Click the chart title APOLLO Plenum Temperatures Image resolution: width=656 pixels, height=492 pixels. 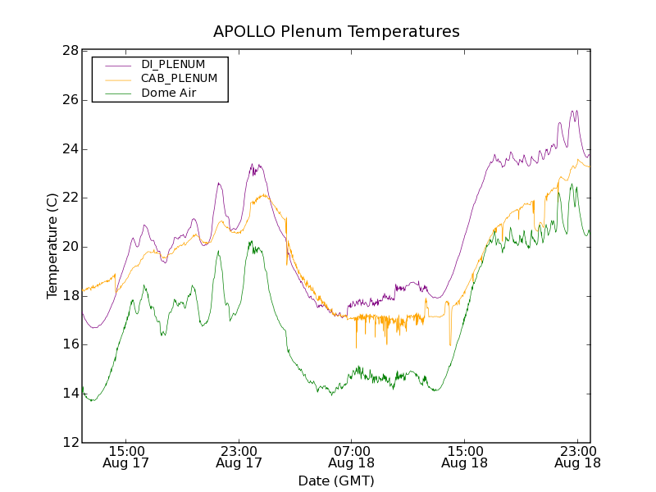(336, 32)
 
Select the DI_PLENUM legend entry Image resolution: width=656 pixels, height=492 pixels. (173, 64)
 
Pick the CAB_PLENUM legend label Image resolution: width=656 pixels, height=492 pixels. (179, 79)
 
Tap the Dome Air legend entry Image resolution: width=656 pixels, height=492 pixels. (168, 93)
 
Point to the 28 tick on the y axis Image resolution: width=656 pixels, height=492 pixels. (69, 51)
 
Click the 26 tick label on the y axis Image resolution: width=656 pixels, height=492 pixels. (69, 100)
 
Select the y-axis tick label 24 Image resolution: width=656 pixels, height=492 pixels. (69, 149)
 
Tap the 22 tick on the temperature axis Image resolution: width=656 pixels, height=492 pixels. (69, 198)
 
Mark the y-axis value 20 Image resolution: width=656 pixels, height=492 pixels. (69, 247)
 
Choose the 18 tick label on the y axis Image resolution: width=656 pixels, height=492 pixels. (69, 296)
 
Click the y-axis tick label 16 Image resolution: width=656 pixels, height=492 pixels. (69, 344)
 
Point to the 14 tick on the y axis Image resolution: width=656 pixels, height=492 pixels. (69, 394)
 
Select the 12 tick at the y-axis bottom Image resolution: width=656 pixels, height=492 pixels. (69, 443)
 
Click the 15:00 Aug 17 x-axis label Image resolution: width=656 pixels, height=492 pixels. (125, 457)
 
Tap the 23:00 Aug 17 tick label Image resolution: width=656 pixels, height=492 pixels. (239, 457)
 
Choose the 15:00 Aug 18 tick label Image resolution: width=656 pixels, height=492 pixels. (464, 457)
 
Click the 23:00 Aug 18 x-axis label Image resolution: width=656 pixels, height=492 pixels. (577, 457)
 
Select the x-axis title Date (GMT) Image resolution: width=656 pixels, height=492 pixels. (336, 481)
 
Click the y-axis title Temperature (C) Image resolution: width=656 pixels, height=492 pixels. (52, 246)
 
